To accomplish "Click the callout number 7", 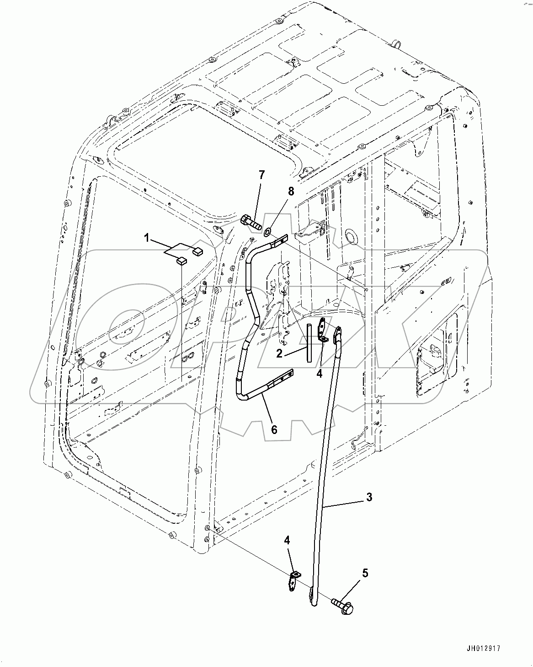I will click(261, 174).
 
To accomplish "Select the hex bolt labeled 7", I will click(250, 223).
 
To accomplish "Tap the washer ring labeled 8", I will click(266, 230).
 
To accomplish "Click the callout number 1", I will click(146, 238).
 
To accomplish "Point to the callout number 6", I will click(274, 429).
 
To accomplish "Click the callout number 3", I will click(369, 497).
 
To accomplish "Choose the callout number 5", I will click(365, 573).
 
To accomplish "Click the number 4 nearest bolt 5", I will click(287, 540).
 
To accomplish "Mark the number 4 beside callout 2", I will click(319, 374).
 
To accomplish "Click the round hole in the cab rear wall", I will click(352, 237).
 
